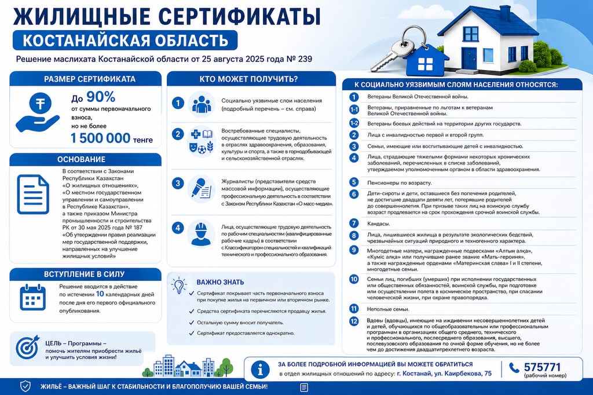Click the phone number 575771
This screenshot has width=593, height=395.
(x=542, y=367)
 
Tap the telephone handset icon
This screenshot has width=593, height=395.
(x=514, y=367)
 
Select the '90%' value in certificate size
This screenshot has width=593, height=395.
(x=101, y=97)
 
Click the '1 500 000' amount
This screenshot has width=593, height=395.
(x=100, y=138)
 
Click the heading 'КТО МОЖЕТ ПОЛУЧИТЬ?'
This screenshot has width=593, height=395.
(x=248, y=79)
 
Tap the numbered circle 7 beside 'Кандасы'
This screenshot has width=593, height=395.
(x=354, y=223)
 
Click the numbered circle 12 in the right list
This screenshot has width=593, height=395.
(x=354, y=321)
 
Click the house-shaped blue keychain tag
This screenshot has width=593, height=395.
(x=426, y=63)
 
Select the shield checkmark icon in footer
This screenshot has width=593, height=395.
(x=25, y=386)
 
